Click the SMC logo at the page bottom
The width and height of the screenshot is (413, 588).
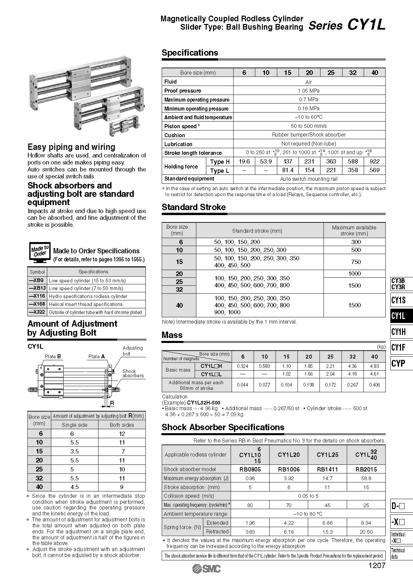click(206, 569)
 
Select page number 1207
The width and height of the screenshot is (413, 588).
click(377, 565)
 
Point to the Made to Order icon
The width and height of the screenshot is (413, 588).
click(40, 252)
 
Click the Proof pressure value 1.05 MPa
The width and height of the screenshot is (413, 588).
click(309, 91)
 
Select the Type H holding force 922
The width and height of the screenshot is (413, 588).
click(374, 161)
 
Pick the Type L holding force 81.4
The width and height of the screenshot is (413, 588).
click(288, 170)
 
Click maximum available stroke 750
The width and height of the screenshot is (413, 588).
click(356, 262)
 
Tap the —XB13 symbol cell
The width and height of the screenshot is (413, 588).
click(37, 288)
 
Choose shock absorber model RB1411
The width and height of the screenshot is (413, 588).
click(327, 469)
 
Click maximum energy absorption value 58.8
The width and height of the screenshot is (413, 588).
click(366, 478)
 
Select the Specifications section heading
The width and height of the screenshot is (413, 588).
click(190, 53)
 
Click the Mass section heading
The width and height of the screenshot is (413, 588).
click(172, 335)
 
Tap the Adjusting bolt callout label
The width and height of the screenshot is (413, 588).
click(132, 351)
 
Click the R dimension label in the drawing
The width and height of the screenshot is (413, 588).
click(112, 403)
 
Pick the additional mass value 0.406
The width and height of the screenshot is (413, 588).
click(374, 385)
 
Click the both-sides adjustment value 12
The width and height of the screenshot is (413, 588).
click(122, 434)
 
